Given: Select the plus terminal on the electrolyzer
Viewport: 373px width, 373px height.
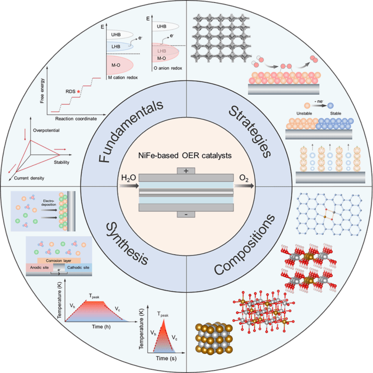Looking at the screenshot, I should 186,171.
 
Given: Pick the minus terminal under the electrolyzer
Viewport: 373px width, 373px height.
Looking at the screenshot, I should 186,215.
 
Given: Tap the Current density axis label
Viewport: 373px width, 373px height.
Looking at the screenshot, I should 27,176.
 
